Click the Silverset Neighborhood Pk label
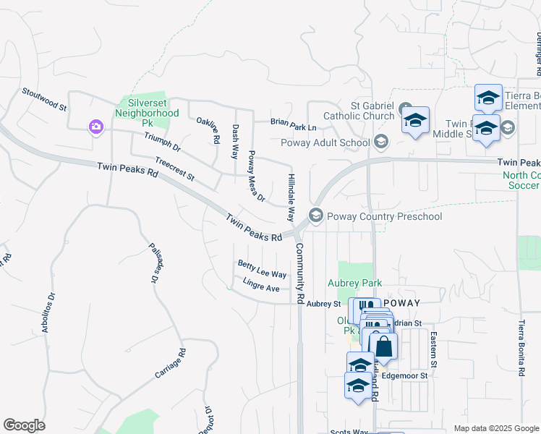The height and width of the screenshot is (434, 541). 147,108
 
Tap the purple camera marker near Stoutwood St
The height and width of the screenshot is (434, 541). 95,127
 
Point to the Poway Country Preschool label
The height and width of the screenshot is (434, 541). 383,216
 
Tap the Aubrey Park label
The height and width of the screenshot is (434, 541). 355,283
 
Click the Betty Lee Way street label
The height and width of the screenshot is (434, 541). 262,270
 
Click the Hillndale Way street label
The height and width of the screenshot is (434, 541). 291,197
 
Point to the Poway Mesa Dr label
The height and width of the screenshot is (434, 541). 256,176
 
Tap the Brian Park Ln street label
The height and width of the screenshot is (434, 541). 294,124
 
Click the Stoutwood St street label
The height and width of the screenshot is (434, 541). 44,98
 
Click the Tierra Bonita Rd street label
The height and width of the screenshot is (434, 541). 521,348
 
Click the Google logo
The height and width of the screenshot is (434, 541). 24,425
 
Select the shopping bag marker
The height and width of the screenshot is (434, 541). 383,347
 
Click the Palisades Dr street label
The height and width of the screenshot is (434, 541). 153,262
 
